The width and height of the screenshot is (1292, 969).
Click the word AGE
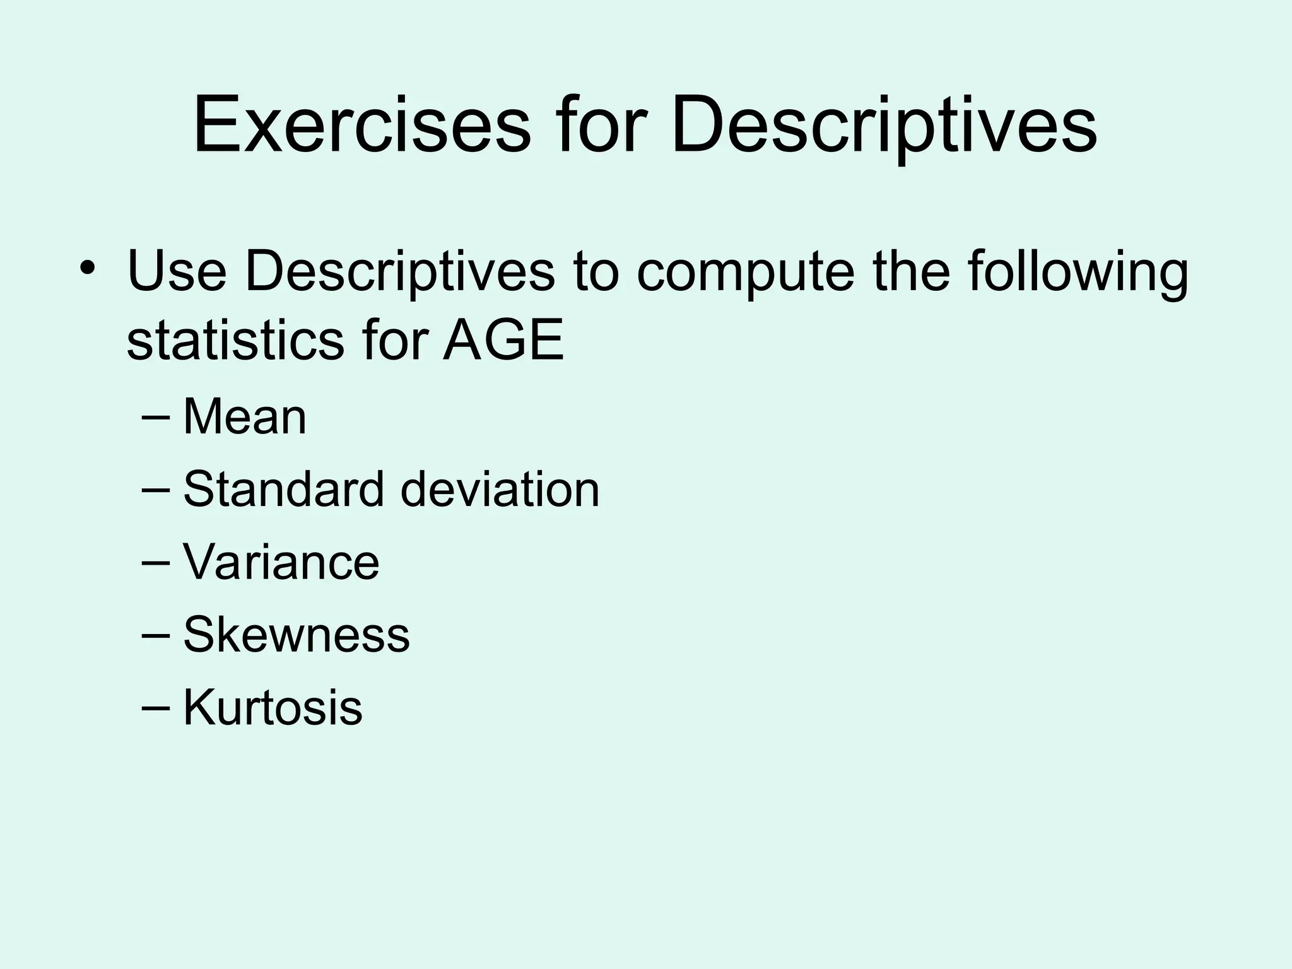click(503, 341)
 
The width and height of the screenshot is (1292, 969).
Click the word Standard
click(283, 489)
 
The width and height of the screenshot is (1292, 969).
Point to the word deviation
click(500, 489)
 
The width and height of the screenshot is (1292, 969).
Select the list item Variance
click(281, 561)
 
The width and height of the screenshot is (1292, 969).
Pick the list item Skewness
click(297, 634)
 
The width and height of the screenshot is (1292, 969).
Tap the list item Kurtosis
click(273, 707)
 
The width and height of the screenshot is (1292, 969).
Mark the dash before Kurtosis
click(156, 707)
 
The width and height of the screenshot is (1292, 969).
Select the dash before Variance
click(156, 562)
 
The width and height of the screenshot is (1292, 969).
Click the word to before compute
click(596, 273)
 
